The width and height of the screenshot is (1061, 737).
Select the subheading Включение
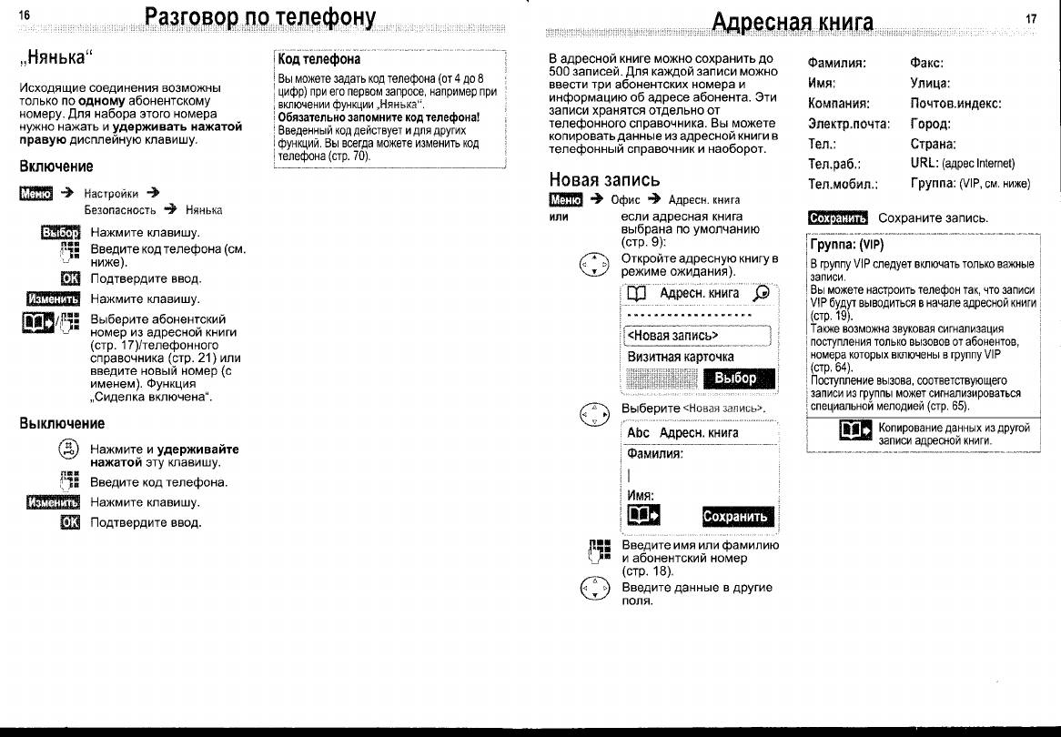click(56, 167)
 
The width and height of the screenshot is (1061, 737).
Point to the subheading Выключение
click(62, 423)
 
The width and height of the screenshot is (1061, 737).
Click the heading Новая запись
click(604, 178)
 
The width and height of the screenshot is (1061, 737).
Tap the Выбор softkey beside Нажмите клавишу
click(61, 233)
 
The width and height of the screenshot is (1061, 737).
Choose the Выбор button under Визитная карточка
click(735, 379)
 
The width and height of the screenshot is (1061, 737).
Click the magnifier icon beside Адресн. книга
click(762, 293)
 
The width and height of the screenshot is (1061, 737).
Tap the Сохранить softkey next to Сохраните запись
click(838, 217)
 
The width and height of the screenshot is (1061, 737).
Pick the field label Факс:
click(926, 64)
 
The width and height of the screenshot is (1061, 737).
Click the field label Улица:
click(929, 84)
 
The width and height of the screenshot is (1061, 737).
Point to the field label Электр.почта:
click(848, 124)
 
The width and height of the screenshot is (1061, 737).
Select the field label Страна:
click(933, 144)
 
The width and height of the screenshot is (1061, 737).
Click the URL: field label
click(925, 164)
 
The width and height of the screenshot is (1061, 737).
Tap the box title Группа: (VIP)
click(846, 245)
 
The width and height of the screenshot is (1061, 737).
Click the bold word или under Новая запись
click(559, 217)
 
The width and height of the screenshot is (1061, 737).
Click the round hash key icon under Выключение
click(67, 449)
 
